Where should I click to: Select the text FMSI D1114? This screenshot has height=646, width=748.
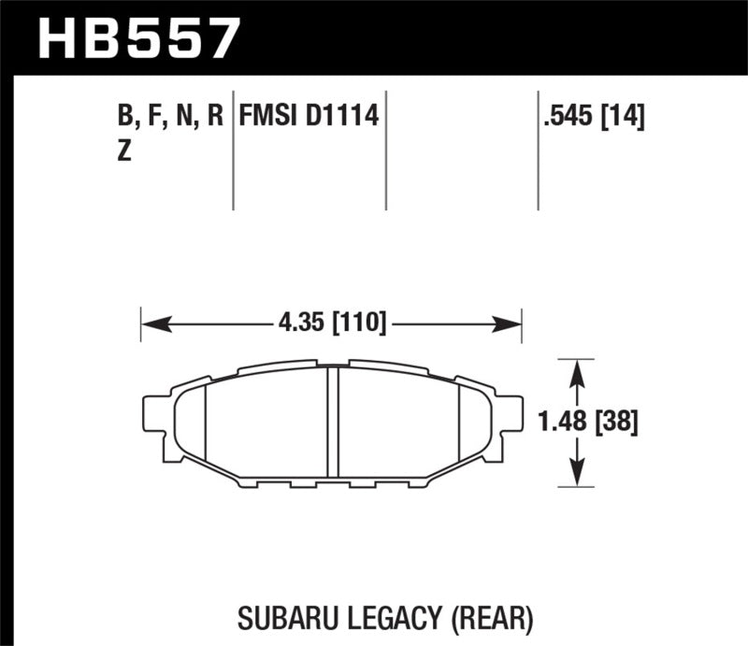pyautogui.click(x=309, y=117)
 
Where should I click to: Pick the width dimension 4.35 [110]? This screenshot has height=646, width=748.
pyautogui.click(x=332, y=324)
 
